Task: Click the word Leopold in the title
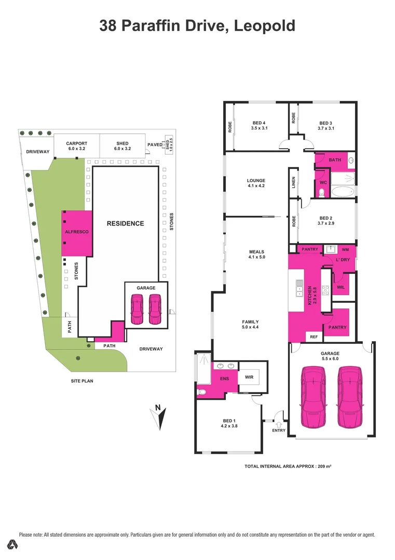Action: (265, 25)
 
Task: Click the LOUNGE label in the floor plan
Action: (256, 181)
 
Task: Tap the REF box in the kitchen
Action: (314, 335)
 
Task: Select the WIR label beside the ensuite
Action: (249, 377)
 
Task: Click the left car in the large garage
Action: (314, 397)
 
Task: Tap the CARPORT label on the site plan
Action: (77, 144)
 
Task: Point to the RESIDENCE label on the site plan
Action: (125, 223)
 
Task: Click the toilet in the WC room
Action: (321, 193)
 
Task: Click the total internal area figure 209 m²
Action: (322, 467)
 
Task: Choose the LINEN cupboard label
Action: (293, 183)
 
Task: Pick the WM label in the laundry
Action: (345, 249)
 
